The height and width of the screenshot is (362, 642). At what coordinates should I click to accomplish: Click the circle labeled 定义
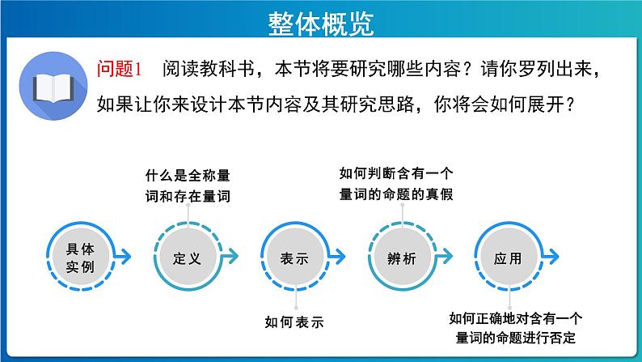[x=186, y=257]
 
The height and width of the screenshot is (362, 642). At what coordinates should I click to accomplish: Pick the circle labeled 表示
[x=294, y=257]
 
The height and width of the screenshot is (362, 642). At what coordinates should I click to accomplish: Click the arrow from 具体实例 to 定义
[x=127, y=258]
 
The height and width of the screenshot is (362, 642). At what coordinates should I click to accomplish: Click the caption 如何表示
[x=294, y=322]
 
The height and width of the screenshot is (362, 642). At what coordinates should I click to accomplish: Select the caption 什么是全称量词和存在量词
[x=186, y=185]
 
